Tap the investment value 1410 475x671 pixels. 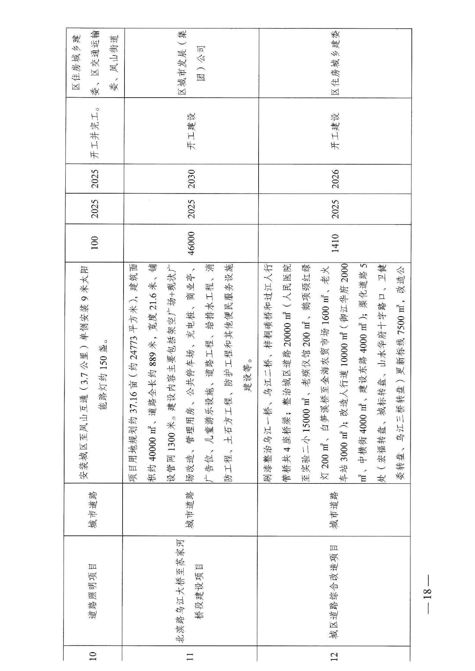point(335,243)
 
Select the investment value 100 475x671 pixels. point(94,243)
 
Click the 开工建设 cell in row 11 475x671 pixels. point(191,131)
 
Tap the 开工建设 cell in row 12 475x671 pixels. point(335,131)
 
